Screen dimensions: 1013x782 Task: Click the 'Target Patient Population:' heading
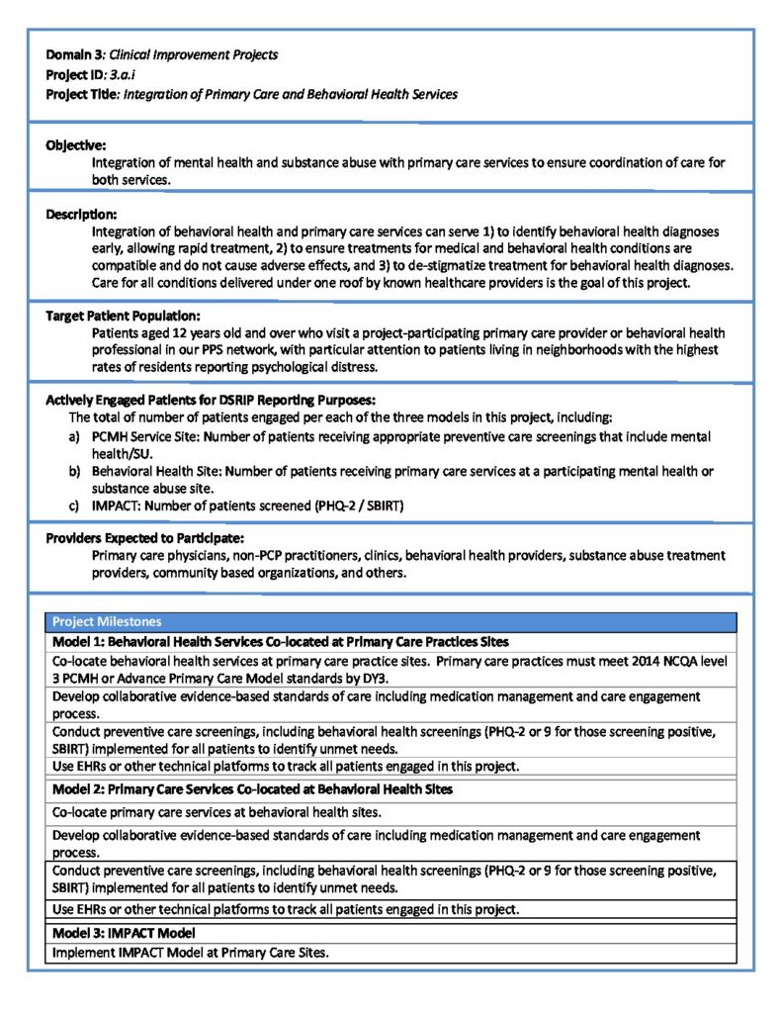click(124, 316)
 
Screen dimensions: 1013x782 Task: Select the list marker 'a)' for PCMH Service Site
click(74, 436)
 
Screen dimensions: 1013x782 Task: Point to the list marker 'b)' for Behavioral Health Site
click(74, 472)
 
